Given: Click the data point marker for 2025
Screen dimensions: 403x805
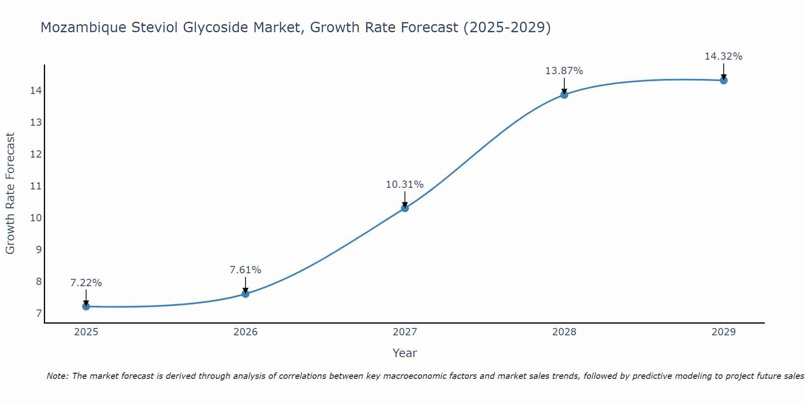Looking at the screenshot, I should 86,306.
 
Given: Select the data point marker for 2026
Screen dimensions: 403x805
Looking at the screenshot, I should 246,294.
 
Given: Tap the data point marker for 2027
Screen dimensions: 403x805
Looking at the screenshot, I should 405,208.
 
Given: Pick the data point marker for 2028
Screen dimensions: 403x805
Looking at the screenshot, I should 564,95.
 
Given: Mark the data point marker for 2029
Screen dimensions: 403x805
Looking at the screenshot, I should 724,80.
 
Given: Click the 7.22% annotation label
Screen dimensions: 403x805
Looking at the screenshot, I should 86,283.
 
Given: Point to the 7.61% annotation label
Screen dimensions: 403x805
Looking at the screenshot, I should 246,270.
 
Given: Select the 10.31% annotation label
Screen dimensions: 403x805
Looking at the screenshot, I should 405,185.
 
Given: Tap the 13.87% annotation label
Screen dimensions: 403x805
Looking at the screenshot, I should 564,71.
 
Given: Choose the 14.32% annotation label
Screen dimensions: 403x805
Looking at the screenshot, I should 724,56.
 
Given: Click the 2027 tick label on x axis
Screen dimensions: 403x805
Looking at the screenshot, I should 405,332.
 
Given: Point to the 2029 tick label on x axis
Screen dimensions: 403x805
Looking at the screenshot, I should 724,332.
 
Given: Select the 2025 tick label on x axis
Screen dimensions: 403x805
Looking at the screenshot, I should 86,332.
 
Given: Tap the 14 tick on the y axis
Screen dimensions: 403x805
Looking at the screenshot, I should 36,90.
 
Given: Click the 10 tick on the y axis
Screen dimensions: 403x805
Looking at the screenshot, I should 36,218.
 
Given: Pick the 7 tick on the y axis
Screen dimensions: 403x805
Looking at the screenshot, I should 39,314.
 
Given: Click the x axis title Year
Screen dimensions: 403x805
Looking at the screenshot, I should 405,353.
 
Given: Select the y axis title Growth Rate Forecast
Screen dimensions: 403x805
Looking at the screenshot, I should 10,193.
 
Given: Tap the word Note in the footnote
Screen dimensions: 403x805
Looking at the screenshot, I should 57,376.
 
